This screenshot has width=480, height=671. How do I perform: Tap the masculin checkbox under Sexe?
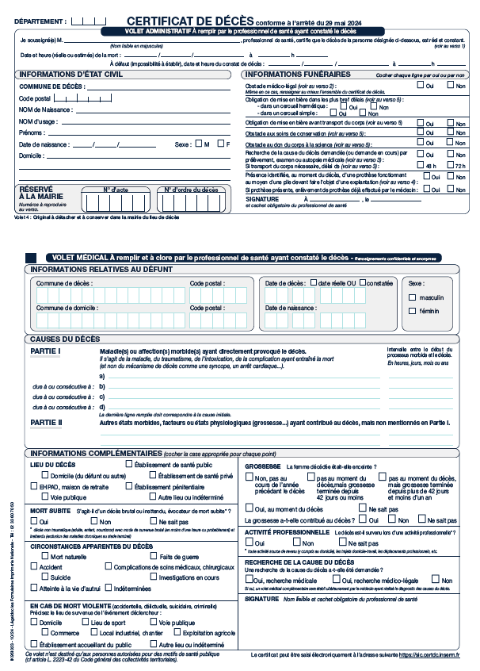click(x=412, y=297)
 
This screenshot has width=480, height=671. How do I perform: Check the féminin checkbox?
click(x=412, y=311)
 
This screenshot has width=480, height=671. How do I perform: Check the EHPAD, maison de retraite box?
click(x=33, y=486)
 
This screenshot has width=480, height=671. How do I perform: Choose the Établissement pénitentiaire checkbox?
click(x=129, y=486)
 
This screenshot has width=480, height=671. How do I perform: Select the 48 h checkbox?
click(x=421, y=166)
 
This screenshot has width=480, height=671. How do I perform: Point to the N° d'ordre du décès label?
click(x=191, y=190)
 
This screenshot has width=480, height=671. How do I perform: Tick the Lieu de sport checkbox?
click(x=85, y=623)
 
